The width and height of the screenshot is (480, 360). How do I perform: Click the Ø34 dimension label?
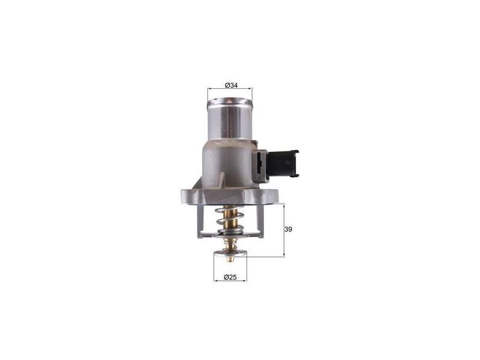click(x=231, y=86)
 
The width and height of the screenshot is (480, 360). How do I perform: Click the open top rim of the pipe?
click(x=230, y=104)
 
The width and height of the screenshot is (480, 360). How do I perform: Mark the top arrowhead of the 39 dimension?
click(x=284, y=205)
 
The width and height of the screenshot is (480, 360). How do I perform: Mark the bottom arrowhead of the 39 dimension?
click(x=284, y=255)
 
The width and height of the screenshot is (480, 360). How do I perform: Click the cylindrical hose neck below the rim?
click(x=230, y=123)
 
